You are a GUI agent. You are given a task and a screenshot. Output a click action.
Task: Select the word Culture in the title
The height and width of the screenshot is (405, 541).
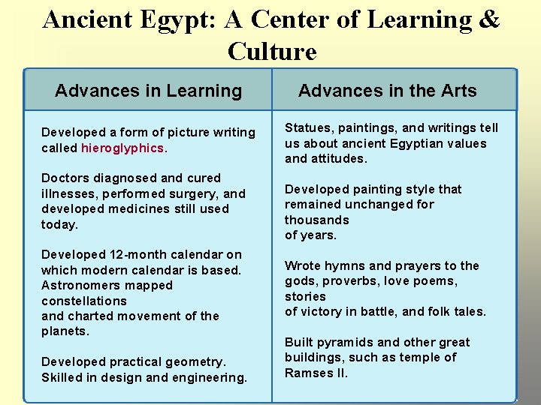[272, 51]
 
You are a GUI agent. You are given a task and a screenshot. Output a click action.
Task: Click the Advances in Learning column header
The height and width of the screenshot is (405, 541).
[148, 91]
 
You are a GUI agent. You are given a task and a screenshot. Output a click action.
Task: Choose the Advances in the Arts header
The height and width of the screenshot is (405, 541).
[387, 91]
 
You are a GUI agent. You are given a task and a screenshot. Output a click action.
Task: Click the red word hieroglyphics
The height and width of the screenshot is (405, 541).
[122, 148]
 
